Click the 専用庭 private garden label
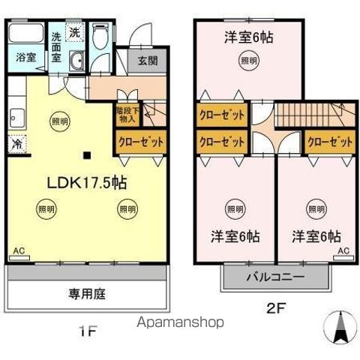pos(86,293)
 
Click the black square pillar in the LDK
pos(87,156)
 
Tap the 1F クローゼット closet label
pos(140,140)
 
